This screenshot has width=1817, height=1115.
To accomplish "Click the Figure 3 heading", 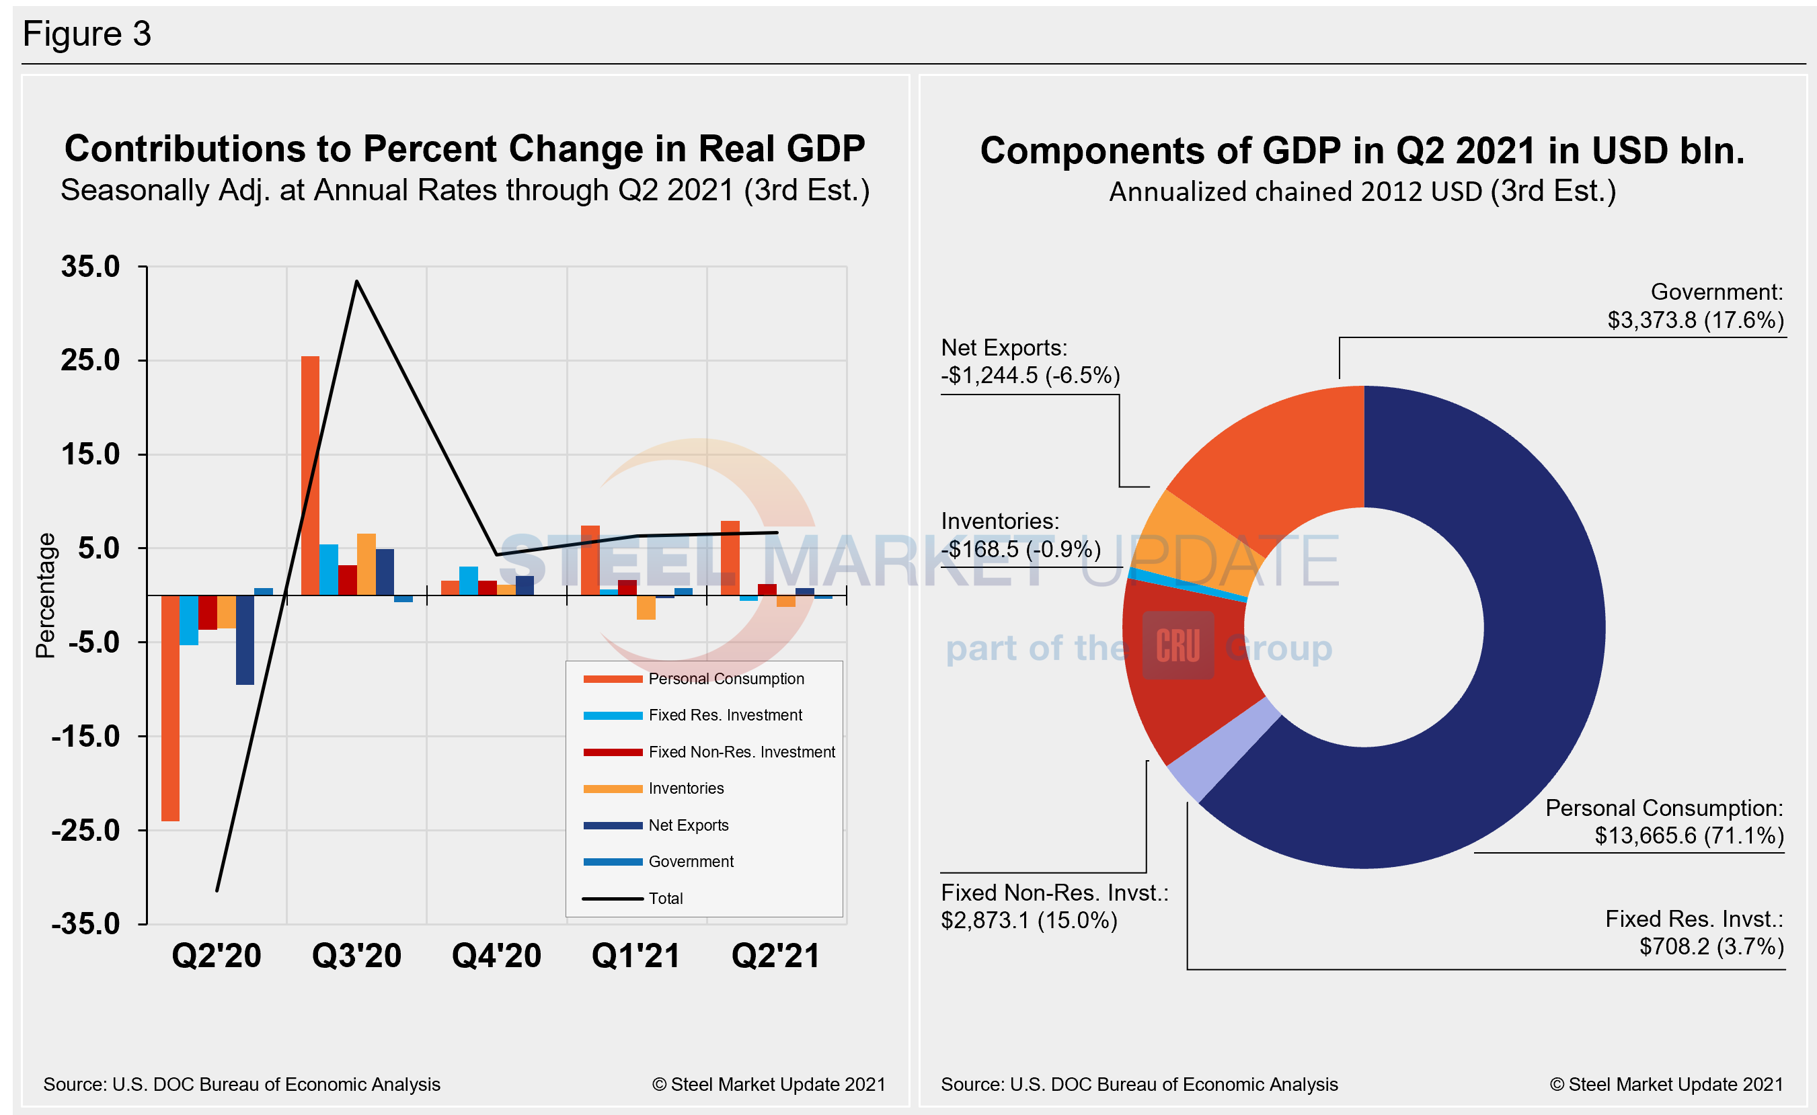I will click(87, 34).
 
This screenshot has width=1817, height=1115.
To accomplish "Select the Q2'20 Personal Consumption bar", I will click(170, 708).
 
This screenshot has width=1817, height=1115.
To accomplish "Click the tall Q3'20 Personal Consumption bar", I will click(310, 476).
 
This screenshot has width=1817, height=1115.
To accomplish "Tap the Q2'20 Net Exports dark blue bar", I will click(245, 639).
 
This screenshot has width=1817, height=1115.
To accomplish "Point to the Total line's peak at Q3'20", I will click(356, 282).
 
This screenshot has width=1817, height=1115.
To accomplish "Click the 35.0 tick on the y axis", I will click(90, 267).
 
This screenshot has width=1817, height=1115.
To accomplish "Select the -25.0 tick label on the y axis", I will click(85, 830).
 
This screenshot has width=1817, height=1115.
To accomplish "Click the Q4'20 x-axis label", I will click(496, 956).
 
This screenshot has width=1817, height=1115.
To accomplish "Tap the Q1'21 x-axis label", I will click(636, 956).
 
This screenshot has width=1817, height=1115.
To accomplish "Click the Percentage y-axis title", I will click(46, 595).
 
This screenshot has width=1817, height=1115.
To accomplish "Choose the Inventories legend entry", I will click(685, 788).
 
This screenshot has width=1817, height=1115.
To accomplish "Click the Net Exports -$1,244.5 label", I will click(1030, 362).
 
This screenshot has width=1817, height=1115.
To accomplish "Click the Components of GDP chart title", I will click(1362, 151).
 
